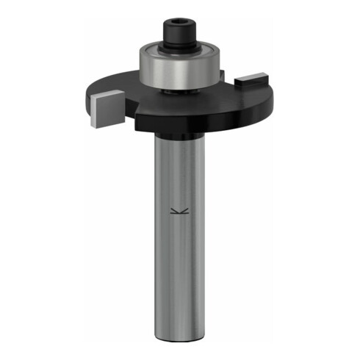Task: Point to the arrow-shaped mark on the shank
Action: [x=179, y=213]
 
